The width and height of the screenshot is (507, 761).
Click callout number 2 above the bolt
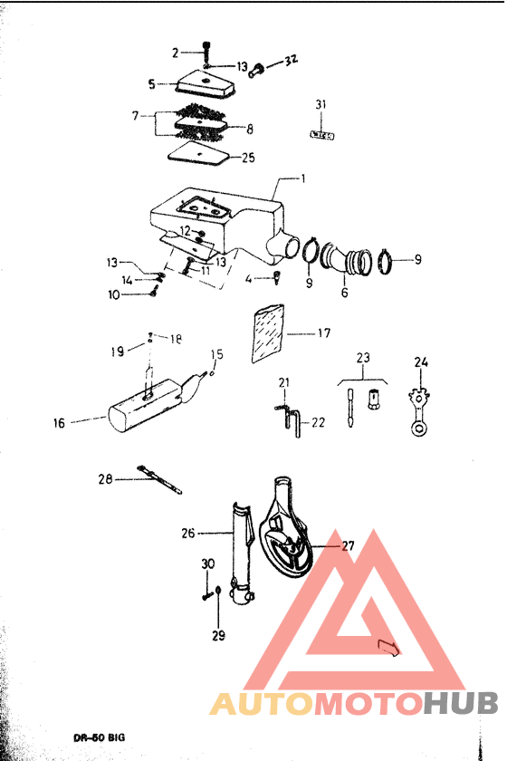click(x=176, y=52)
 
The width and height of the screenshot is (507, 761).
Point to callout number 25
click(x=248, y=158)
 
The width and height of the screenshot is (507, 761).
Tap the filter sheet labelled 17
click(x=269, y=333)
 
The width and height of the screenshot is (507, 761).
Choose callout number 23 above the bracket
click(x=363, y=359)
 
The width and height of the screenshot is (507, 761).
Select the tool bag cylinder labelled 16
click(x=145, y=409)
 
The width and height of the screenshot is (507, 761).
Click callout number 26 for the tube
click(x=188, y=533)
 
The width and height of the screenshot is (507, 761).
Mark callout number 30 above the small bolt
click(x=207, y=564)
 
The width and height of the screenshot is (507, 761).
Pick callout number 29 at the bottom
click(x=218, y=635)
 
